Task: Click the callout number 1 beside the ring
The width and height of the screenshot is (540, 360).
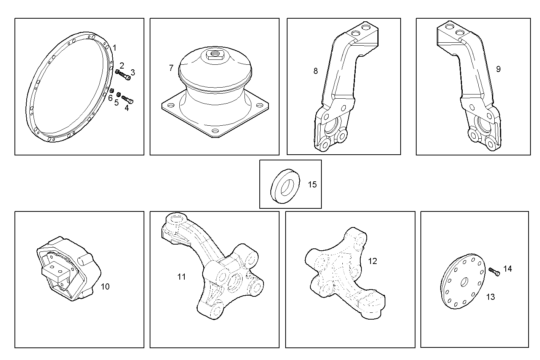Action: click(115, 48)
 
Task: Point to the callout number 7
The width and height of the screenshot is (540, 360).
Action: click(171, 68)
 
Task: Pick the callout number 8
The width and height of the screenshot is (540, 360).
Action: click(315, 71)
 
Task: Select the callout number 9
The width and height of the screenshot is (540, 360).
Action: click(498, 69)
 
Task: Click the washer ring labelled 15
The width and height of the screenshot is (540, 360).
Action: click(285, 184)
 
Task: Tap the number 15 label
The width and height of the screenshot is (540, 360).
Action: click(312, 185)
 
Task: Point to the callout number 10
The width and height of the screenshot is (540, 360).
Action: click(105, 286)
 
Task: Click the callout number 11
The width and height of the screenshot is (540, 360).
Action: click(182, 277)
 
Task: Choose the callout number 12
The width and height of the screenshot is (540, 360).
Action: click(372, 261)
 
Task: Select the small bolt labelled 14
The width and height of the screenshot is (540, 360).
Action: click(494, 272)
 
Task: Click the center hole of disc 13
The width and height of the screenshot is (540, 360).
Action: click(465, 282)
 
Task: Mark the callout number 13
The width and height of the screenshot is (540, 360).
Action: click(490, 297)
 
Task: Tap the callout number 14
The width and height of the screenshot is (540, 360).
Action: click(508, 269)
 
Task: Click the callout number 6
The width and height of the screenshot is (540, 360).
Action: click(110, 98)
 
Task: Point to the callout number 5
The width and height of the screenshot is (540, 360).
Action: click(117, 102)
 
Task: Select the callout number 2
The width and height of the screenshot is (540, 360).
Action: click(122, 66)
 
